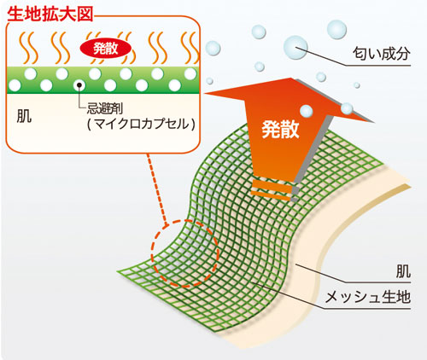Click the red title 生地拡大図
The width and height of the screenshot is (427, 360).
50,14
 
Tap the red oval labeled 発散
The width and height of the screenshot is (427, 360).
106,49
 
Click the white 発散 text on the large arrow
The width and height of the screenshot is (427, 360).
280,130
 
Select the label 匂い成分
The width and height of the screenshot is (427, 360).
382,54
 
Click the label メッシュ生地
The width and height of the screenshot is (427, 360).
368,297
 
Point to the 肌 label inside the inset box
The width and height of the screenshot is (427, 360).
24,116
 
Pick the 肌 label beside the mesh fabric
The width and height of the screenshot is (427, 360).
403,271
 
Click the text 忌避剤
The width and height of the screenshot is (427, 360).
105,109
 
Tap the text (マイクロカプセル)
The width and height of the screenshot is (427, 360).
142,124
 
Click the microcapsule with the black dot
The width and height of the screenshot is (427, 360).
79,84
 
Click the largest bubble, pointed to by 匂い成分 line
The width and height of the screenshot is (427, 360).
295,47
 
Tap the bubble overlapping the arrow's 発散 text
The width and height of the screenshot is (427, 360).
306,111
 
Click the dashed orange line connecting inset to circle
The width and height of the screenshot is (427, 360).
156,189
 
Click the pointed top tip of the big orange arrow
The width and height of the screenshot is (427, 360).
290,78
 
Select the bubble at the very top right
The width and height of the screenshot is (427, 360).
336,29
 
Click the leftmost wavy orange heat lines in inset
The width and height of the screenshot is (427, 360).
28,48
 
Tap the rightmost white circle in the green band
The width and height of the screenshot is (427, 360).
190,74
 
